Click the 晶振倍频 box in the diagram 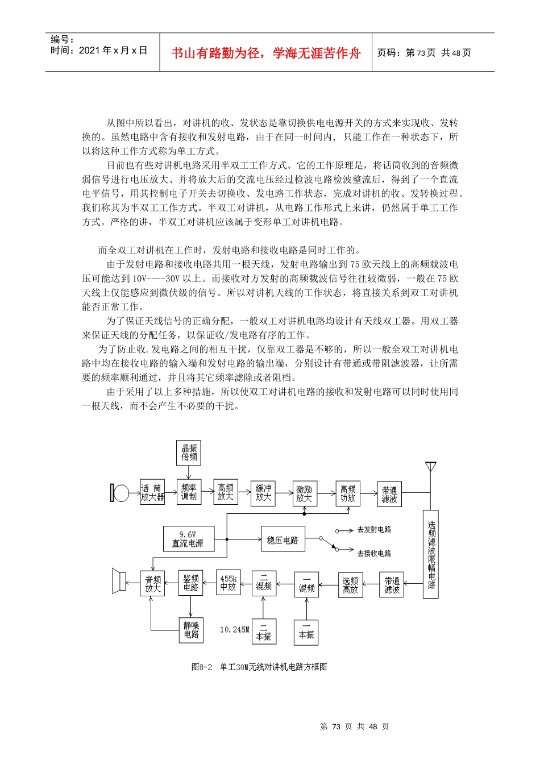(x=189, y=452)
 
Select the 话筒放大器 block (x=152, y=492)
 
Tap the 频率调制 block (x=189, y=492)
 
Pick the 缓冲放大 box (x=263, y=493)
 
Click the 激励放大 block (x=304, y=493)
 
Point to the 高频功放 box (x=348, y=493)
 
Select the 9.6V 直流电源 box (x=188, y=539)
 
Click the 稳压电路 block (x=283, y=539)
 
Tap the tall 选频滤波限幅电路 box (x=431, y=554)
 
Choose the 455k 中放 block (x=228, y=583)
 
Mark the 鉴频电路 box (x=190, y=583)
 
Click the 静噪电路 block (x=191, y=630)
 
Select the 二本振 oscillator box (x=264, y=632)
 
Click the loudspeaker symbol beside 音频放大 (x=119, y=581)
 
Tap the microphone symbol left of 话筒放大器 (x=119, y=493)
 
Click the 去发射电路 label (x=373, y=530)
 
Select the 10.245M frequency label (x=234, y=630)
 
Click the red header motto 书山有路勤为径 (x=266, y=53)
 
